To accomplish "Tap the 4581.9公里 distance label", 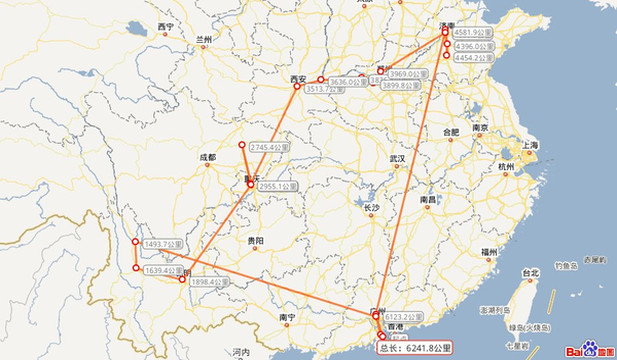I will tap(473, 34).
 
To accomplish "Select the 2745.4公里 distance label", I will tap(268, 148).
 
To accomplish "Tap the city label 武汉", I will tap(398, 159).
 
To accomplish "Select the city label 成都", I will tap(206, 158).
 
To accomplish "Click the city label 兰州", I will tap(205, 40).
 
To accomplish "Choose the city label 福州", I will tap(488, 250).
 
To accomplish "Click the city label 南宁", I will tap(288, 316).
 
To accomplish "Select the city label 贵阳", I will tap(256, 241).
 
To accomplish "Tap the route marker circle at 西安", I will tap(297, 86).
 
